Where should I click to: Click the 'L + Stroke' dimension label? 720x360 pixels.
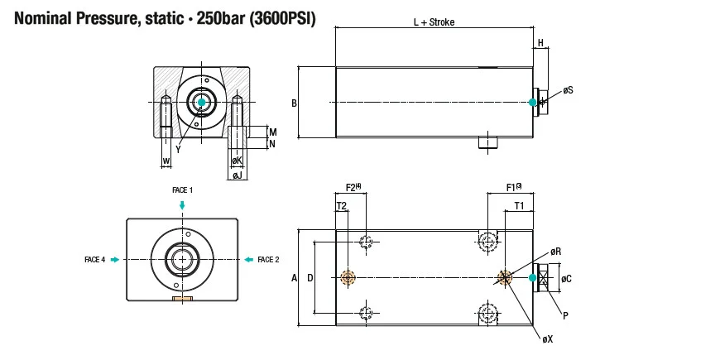(x=434, y=22)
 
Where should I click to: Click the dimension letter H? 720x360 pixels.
(x=540, y=42)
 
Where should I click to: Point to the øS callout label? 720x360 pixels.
(x=568, y=89)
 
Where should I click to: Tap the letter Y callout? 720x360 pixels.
(x=177, y=149)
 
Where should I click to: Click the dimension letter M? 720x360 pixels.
(x=273, y=132)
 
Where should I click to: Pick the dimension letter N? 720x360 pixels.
(x=273, y=144)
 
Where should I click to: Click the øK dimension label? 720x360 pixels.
(x=237, y=160)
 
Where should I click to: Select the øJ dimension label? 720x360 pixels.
(x=237, y=175)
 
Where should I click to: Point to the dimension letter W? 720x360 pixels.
(x=166, y=160)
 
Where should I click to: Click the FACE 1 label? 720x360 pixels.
(x=182, y=190)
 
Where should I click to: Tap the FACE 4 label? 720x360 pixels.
(x=94, y=260)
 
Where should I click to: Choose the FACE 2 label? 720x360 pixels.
(x=267, y=260)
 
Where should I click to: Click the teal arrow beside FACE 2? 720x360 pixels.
(x=247, y=260)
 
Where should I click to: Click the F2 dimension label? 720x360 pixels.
(x=353, y=188)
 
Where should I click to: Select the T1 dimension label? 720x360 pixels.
(x=519, y=204)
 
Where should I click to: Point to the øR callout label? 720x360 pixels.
(x=556, y=251)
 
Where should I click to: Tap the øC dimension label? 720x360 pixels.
(x=566, y=279)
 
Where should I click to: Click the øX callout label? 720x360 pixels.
(x=548, y=339)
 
